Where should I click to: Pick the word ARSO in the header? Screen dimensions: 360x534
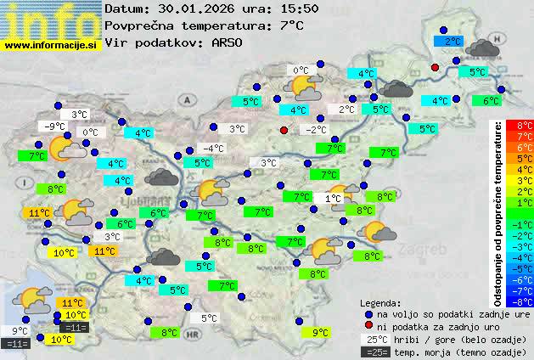[x=229, y=42]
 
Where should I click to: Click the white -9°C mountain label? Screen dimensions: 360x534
[x=53, y=127]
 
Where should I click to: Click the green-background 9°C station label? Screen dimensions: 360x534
[x=319, y=333]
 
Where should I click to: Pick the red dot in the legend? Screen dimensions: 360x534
[x=368, y=327]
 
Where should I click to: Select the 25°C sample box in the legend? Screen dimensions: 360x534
[x=374, y=340]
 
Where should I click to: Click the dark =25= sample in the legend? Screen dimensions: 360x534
[x=374, y=352]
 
